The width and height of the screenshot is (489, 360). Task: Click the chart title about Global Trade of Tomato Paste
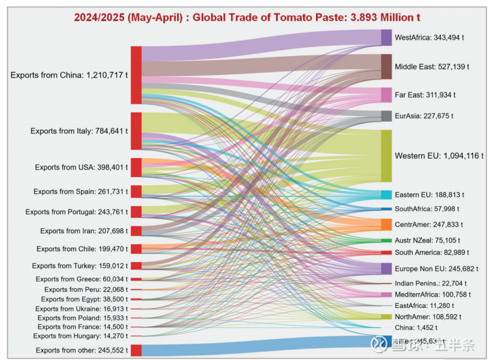247,18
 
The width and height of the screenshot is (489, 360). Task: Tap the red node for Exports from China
136,75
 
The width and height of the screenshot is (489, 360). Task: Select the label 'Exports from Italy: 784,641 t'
79,131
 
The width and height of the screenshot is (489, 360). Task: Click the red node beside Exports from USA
136,167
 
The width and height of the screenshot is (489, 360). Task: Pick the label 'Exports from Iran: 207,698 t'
84,231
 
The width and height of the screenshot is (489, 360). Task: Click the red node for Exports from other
136,350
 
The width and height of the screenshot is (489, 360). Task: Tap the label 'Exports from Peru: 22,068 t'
86,290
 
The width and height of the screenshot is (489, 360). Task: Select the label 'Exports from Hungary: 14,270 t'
80,336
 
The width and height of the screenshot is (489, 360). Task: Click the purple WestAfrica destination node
386,37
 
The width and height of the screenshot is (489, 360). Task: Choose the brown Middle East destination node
386,67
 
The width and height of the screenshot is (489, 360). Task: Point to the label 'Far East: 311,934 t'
425,95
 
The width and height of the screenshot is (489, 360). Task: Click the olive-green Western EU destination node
386,156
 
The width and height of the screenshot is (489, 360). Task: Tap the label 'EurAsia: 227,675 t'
424,116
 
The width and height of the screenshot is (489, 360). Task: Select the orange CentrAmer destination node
386,224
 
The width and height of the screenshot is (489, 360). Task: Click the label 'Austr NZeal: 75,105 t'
427,240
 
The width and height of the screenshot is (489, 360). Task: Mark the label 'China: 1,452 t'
416,327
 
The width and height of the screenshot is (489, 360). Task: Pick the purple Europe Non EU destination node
386,269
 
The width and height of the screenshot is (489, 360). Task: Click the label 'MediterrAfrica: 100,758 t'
432,295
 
